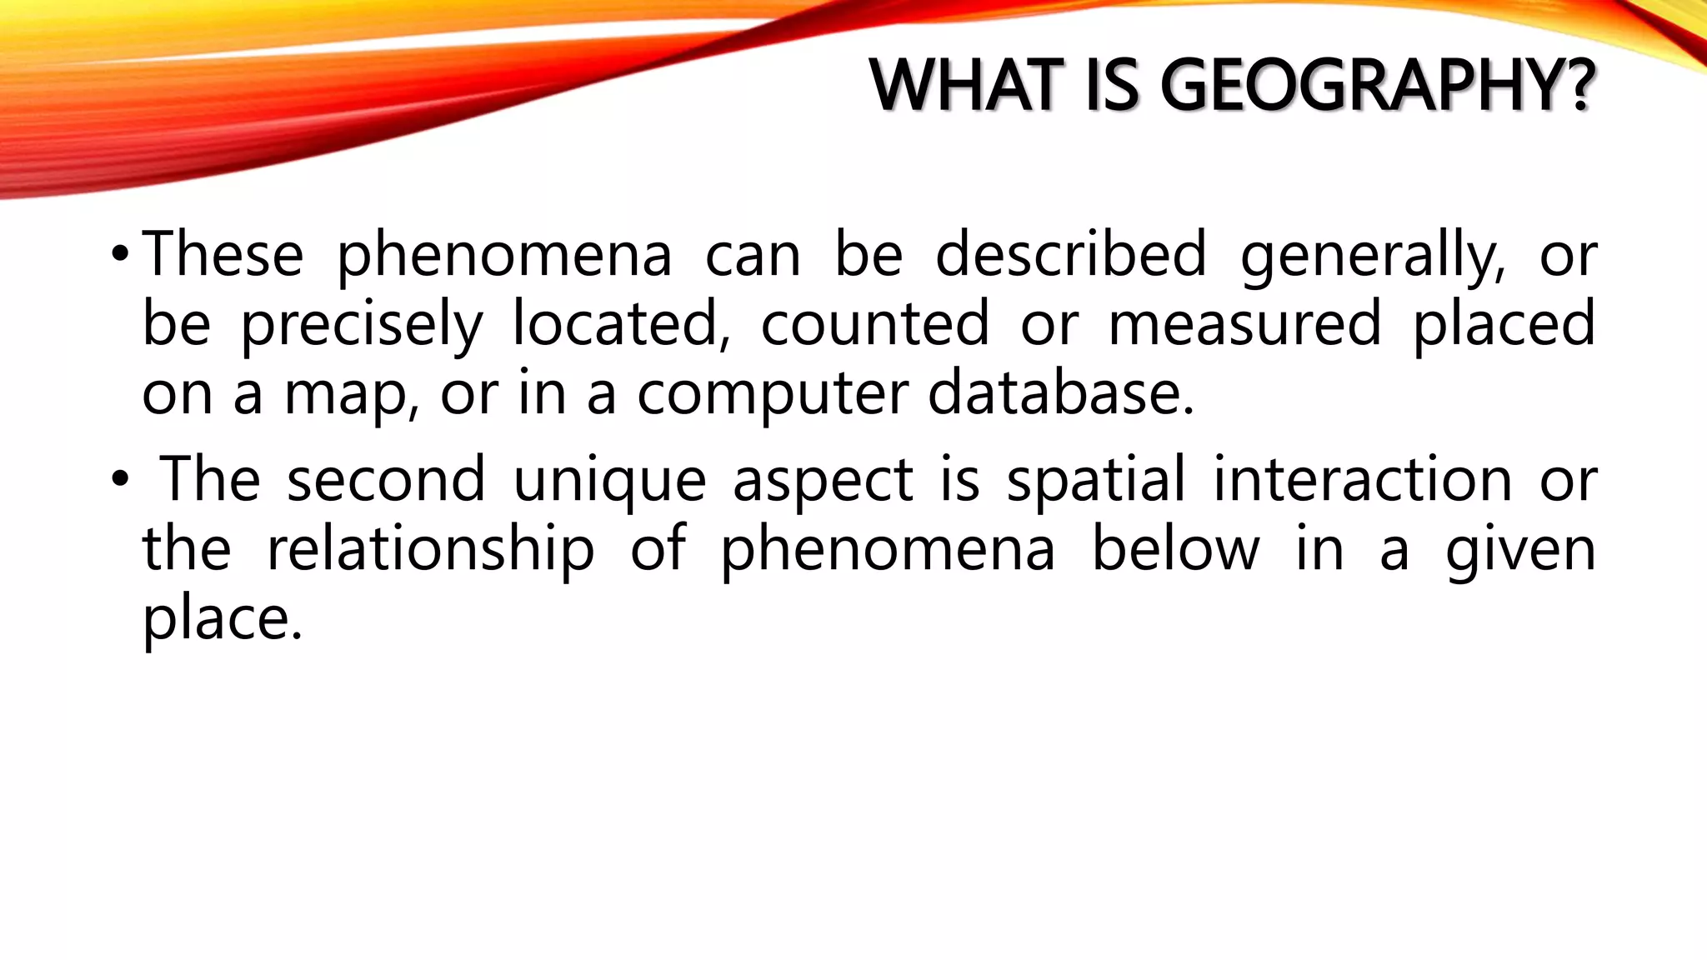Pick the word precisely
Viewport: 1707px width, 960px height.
362,325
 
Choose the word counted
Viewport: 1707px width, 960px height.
874,323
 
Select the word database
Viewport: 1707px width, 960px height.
1061,392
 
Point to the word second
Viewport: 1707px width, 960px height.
386,479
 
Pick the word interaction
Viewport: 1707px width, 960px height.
1362,479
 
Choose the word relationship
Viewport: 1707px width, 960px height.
430,550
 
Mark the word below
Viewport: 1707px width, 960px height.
1175,548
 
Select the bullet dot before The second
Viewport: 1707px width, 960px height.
119,479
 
